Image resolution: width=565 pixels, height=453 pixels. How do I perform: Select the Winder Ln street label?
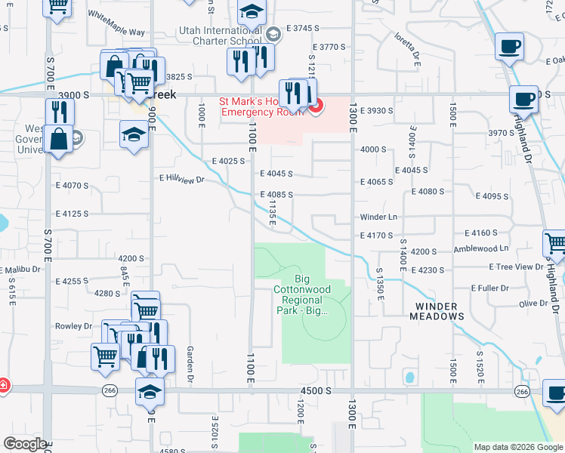point(378,217)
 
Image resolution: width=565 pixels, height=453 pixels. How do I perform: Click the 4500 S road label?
point(316,390)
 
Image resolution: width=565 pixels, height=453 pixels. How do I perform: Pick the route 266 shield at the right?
point(522,390)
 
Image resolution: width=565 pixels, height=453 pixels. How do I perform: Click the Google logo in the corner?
point(25,444)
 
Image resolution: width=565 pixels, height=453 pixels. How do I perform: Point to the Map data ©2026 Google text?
point(518,447)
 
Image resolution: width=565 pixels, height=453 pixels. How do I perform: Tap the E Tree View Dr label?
point(516,267)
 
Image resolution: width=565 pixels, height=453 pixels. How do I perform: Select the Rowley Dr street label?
point(73,326)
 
